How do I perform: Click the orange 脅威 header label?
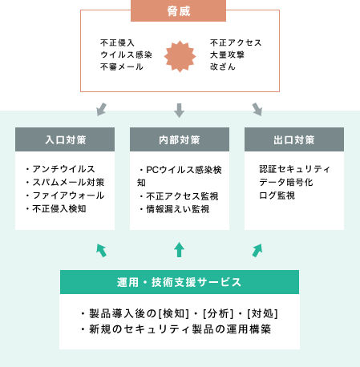tap(178, 10)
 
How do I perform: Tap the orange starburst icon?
tap(180, 56)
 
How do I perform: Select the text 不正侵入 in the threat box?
tap(117, 42)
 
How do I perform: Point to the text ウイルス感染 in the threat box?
tap(126, 54)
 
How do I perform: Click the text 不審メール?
tap(122, 67)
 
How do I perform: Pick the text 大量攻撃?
tap(227, 54)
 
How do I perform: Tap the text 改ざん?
tap(223, 67)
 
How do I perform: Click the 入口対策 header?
tap(65, 139)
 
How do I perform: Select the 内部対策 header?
tap(180, 139)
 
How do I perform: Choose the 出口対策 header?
tap(294, 139)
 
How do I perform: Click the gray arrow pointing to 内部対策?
tap(179, 111)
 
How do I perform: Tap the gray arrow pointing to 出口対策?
tap(257, 109)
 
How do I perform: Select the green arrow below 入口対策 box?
tap(102, 250)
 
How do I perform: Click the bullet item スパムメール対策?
tap(65, 182)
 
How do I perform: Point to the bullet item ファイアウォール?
tap(65, 196)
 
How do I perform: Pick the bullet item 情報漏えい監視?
tap(174, 209)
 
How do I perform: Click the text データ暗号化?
tap(286, 182)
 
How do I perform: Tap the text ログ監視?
tap(277, 196)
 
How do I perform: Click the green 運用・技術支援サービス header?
tap(180, 282)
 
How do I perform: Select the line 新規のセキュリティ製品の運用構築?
tap(176, 329)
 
